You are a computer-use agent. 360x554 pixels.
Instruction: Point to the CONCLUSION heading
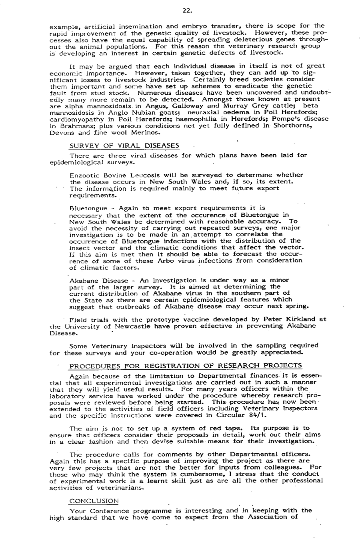coord(94,500)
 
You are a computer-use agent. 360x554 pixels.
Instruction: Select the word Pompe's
coord(283,119)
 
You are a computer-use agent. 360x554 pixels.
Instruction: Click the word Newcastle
coord(151,326)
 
